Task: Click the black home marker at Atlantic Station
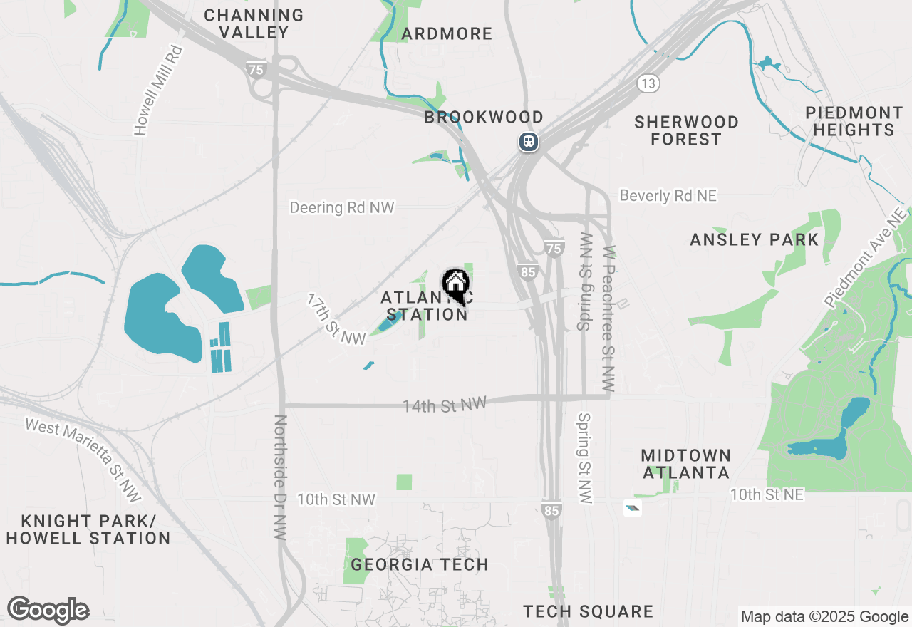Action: click(455, 285)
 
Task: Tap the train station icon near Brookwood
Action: click(528, 141)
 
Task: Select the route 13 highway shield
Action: click(647, 83)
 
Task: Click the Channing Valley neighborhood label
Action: click(254, 24)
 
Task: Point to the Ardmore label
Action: click(447, 33)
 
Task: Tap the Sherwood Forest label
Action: click(686, 130)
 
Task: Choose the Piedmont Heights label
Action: click(854, 121)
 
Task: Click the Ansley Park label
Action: click(755, 239)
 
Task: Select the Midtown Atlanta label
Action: click(685, 464)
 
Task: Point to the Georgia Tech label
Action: click(420, 564)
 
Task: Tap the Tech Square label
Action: click(588, 611)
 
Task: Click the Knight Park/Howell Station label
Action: click(88, 529)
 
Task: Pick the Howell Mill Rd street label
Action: click(159, 90)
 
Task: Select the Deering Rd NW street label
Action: click(341, 207)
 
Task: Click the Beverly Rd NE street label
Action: click(668, 195)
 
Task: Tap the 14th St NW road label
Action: click(444, 405)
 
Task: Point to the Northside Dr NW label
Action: click(280, 477)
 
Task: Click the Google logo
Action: click(48, 611)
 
